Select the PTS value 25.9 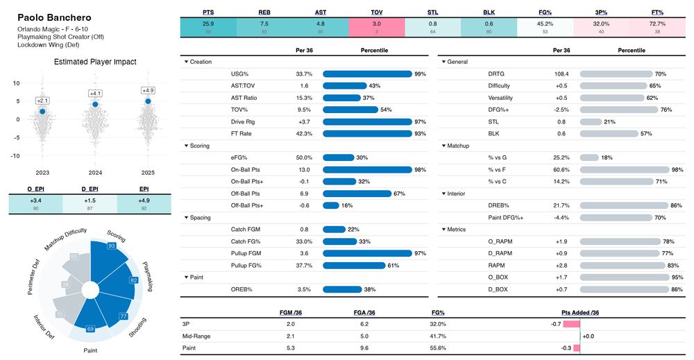tap(208, 23)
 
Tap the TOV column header tap(377, 12)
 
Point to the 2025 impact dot tap(148, 101)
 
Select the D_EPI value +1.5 tap(90, 201)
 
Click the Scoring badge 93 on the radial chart tap(111, 246)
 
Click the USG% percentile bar tap(367, 74)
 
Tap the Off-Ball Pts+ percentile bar tap(331, 205)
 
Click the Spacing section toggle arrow tap(186, 217)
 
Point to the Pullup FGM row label tap(245, 253)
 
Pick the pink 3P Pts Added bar tap(571, 324)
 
